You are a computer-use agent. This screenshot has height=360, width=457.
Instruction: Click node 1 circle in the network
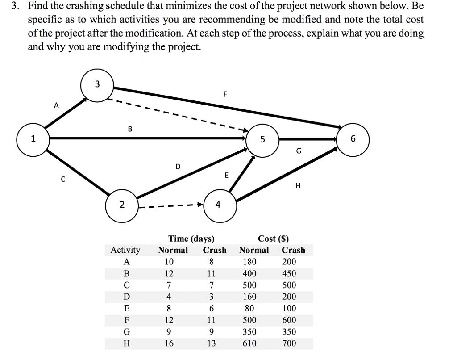(x=33, y=139)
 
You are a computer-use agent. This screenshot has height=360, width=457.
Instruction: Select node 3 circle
(x=97, y=84)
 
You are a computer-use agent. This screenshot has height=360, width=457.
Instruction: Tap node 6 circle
(x=353, y=139)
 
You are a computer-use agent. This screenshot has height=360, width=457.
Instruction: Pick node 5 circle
(x=262, y=139)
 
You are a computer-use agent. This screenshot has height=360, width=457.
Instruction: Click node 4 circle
(x=218, y=205)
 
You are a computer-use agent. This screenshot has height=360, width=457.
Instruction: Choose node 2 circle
(x=122, y=205)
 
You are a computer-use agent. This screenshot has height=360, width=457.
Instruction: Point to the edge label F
(x=225, y=94)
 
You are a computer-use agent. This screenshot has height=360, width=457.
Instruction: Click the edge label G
(x=299, y=151)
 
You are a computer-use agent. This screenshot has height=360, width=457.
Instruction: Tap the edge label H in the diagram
(x=298, y=186)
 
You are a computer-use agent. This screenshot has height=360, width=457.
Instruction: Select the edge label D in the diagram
(x=178, y=167)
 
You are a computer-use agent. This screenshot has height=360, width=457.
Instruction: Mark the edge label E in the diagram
(x=226, y=176)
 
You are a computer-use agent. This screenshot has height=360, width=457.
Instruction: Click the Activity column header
(x=125, y=250)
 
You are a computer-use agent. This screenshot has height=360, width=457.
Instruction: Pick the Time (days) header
(x=191, y=239)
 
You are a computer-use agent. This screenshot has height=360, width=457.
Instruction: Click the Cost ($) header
(x=273, y=239)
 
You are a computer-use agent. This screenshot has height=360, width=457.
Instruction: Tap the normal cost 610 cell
(x=250, y=343)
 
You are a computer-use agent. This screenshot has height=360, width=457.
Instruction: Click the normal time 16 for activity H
(x=169, y=343)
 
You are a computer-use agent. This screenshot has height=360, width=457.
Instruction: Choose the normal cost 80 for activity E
(x=250, y=308)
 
